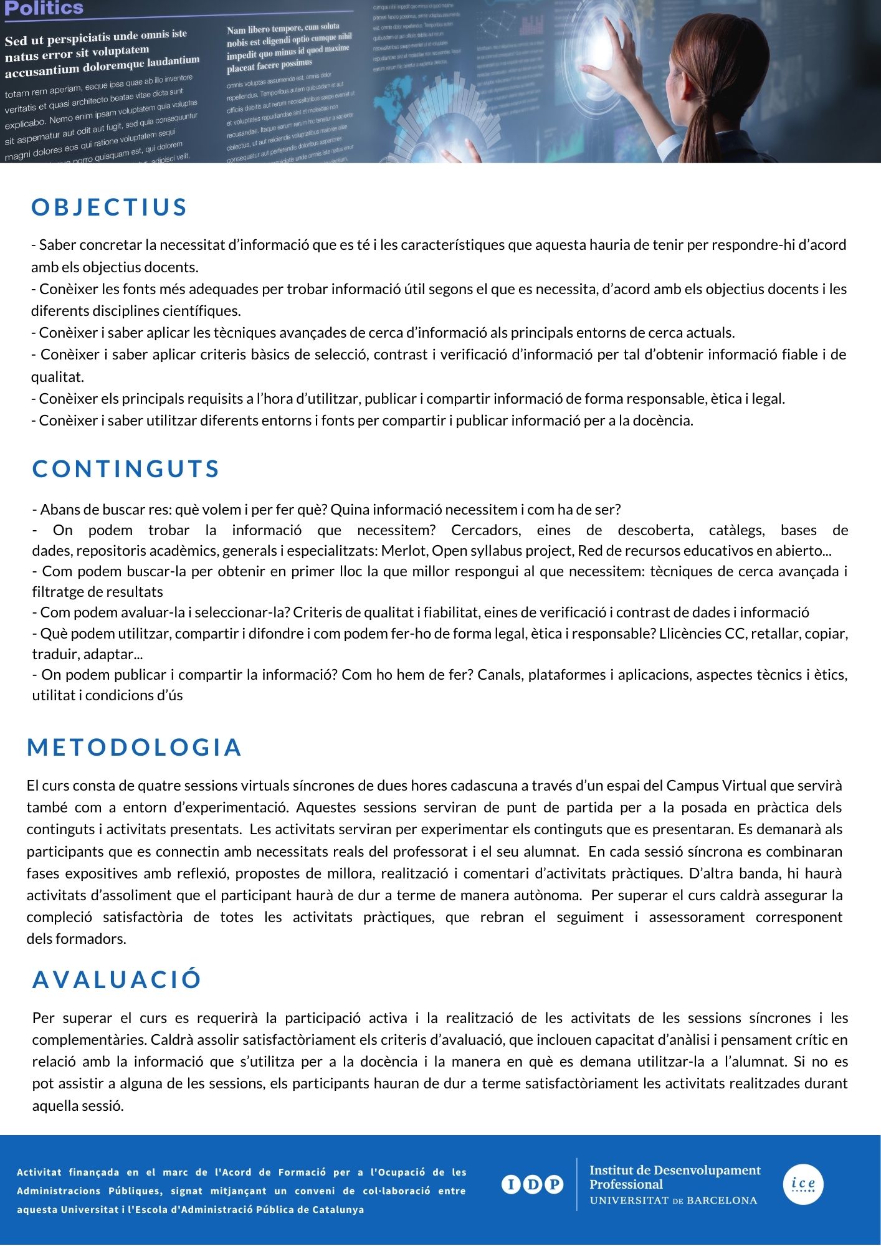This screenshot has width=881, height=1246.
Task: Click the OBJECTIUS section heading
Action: click(109, 207)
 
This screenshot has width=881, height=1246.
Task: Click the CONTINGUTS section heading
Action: click(126, 468)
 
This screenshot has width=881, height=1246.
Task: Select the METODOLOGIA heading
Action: click(134, 747)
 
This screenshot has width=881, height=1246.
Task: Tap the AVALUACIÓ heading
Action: click(117, 979)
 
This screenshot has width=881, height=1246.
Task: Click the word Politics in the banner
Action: click(44, 8)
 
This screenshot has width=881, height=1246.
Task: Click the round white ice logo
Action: click(802, 1184)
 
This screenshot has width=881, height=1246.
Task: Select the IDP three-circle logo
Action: click(532, 1184)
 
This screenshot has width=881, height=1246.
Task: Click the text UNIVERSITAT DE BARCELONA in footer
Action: click(673, 1201)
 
